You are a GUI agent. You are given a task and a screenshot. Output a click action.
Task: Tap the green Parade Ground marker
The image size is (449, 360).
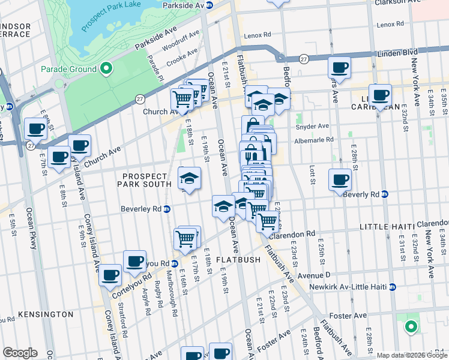tap(106, 69)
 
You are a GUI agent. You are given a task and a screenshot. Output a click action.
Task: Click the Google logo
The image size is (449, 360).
tap(20, 353)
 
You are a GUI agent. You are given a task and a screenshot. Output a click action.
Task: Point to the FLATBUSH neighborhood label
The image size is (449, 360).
tap(238, 260)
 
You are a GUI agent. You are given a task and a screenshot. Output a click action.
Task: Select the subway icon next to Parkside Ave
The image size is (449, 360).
tap(209, 5)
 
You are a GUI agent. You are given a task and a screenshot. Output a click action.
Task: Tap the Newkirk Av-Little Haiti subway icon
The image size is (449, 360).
tap(393, 287)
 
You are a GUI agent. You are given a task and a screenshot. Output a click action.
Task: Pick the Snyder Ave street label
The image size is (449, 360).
tap(312, 127)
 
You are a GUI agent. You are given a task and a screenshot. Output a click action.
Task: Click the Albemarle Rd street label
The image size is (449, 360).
tap(313, 140)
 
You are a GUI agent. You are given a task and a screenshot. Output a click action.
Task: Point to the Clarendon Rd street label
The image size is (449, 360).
tap(292, 234)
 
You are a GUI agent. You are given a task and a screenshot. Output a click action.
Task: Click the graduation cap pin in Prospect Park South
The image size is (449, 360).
tap(189, 178)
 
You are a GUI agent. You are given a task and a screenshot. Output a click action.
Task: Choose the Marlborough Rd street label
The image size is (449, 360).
tap(172, 300)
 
